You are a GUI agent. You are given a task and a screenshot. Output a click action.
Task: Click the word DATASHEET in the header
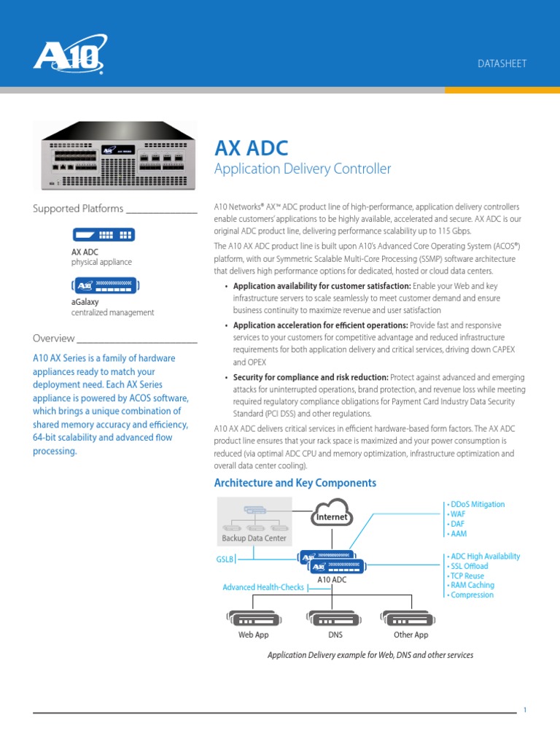click(x=502, y=63)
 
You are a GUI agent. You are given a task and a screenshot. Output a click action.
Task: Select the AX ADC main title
click(x=251, y=148)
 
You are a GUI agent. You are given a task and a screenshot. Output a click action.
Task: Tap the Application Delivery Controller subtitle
click(x=302, y=169)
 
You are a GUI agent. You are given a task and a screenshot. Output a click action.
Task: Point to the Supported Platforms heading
click(x=78, y=209)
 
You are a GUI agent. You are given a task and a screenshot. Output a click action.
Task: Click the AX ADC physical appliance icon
click(x=103, y=234)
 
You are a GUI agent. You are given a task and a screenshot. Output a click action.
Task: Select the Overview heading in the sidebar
click(x=54, y=338)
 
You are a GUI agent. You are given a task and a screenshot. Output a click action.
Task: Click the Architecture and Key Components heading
click(x=295, y=483)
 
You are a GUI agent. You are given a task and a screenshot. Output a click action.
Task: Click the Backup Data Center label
click(x=254, y=538)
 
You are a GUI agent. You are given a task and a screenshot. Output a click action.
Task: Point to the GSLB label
click(x=224, y=560)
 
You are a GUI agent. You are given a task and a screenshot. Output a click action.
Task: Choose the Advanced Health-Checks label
click(x=263, y=587)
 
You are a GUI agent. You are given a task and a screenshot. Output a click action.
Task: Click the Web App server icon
click(x=253, y=619)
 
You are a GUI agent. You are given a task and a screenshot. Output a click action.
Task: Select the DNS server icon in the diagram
click(x=335, y=619)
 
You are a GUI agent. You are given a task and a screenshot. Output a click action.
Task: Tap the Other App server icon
click(x=410, y=619)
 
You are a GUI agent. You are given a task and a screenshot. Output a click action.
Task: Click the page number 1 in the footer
click(x=525, y=708)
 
